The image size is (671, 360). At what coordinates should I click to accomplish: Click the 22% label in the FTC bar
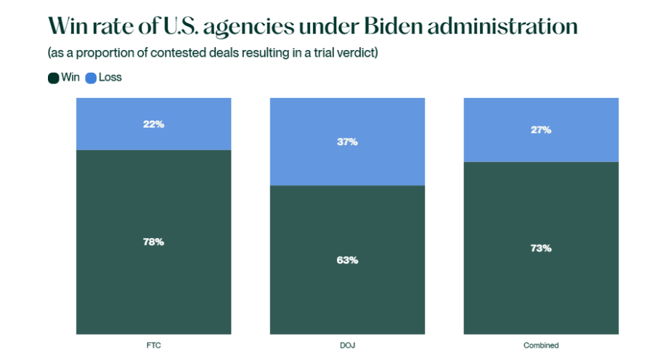tap(153, 124)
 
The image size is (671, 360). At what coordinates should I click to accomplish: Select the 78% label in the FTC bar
tap(153, 242)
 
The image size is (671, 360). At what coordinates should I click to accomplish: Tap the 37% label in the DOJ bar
tap(347, 142)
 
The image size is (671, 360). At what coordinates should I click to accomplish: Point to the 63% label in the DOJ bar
tap(347, 260)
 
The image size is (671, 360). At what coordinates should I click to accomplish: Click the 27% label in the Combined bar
tap(541, 130)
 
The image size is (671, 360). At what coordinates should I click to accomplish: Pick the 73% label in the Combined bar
tap(541, 247)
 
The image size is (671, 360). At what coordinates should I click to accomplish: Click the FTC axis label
tap(153, 345)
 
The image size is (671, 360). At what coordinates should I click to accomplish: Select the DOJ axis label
tap(347, 345)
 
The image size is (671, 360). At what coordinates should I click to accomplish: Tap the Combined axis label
tap(541, 345)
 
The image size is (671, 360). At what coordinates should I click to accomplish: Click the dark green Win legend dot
tap(53, 78)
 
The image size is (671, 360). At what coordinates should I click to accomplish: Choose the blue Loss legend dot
tap(91, 78)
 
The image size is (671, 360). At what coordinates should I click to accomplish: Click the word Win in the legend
tap(70, 78)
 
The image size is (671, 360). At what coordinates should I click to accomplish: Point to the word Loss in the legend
tap(110, 78)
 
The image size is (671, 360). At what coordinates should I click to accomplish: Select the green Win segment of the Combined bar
tap(541, 290)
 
